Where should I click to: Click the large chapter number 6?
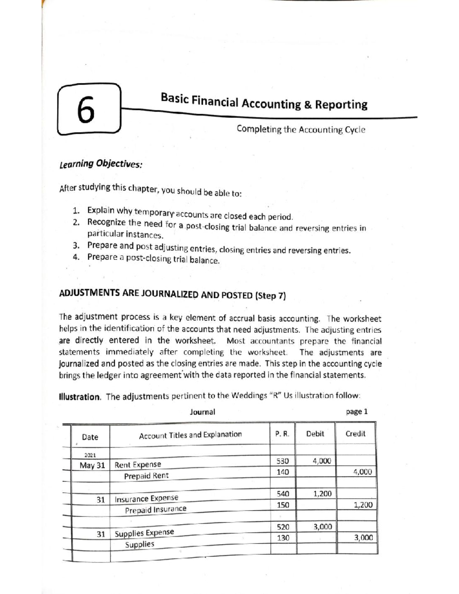tap(86, 110)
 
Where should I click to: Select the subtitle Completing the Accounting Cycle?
tap(301, 129)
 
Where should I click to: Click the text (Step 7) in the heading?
tap(270, 296)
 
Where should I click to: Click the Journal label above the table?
tap(202, 412)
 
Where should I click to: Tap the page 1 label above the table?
tap(356, 412)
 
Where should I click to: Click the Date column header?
tap(90, 437)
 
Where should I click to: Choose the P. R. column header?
tap(282, 434)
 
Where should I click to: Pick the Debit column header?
tap(315, 434)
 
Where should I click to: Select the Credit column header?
tap(355, 434)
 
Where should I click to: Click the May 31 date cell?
tap(92, 465)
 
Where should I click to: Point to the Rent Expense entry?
tap(138, 464)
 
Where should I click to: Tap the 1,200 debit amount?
tap(322, 494)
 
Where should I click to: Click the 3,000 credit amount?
tap(363, 537)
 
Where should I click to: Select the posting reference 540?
tap(283, 494)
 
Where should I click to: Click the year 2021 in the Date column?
tap(90, 455)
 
